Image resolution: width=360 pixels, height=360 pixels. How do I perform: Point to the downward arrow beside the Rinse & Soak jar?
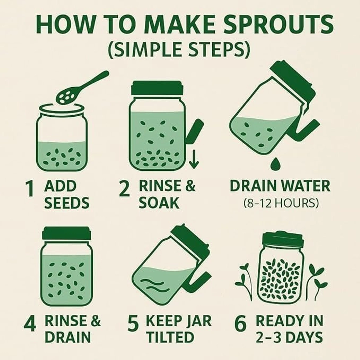coord(194,159)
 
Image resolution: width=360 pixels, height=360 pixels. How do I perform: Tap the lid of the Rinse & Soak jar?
coord(157,88)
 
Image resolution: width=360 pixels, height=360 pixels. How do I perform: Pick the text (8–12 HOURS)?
coord(281,203)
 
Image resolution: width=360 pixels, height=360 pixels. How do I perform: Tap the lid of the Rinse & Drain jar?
coord(66,233)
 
